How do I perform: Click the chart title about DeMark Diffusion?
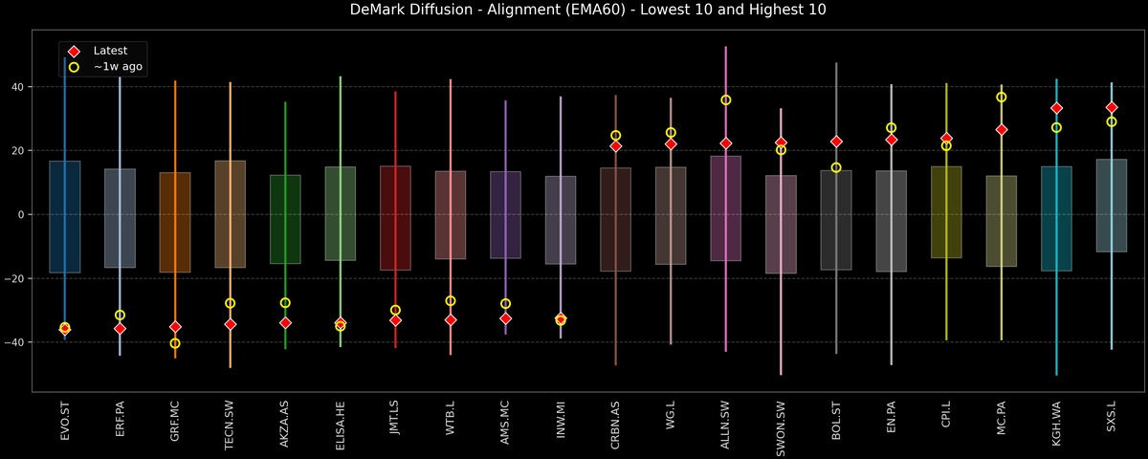574,11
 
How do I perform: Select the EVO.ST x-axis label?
65,425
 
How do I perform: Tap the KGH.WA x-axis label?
1056,426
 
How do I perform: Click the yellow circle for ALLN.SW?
726,100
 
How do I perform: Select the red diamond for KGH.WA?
1056,108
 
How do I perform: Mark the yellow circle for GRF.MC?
175,343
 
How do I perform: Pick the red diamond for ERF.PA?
120,328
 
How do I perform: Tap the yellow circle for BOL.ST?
836,167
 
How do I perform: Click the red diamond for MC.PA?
1002,129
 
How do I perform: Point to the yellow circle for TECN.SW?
230,303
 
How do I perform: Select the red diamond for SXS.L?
1112,107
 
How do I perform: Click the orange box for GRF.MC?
175,222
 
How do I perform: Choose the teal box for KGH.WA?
1056,218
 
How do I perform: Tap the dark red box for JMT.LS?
395,218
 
